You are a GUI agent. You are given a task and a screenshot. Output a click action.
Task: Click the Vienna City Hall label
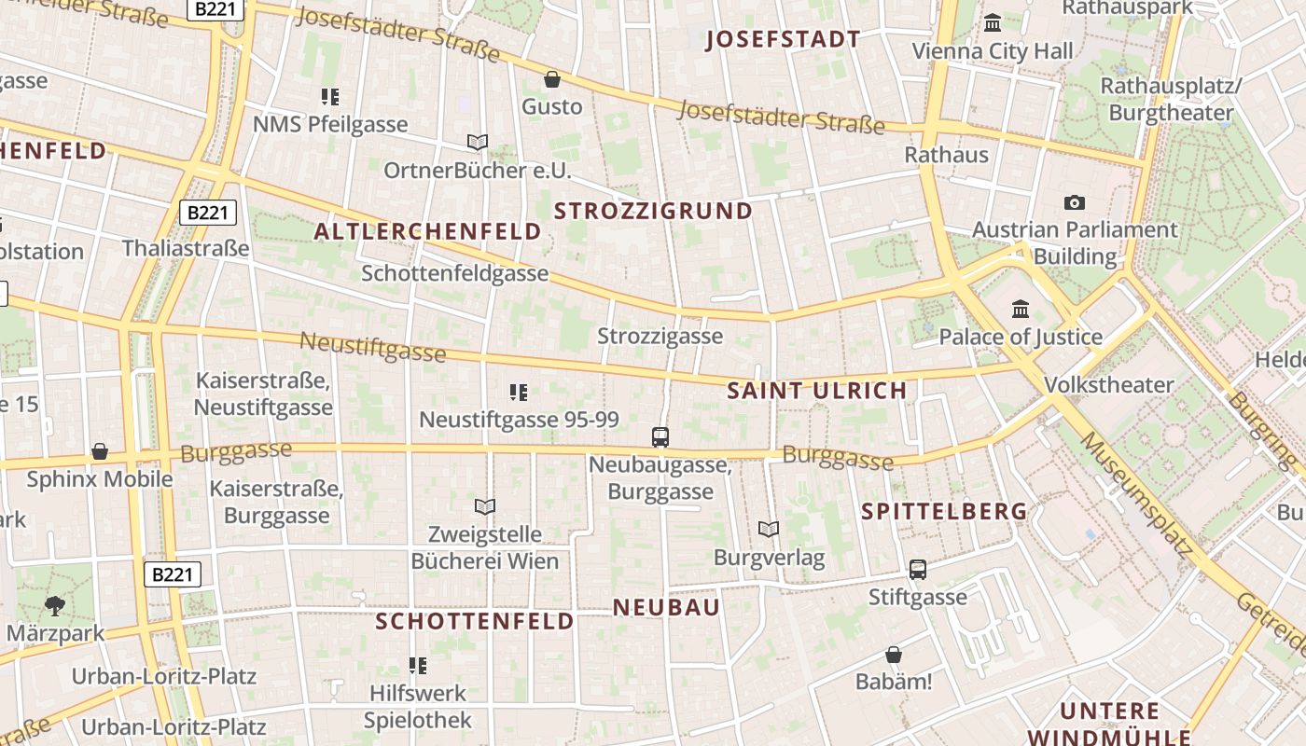coord(993,51)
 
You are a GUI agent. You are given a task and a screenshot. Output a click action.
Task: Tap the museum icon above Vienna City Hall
coord(993,22)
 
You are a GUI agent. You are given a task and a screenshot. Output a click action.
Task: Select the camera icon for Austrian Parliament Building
coord(1074,202)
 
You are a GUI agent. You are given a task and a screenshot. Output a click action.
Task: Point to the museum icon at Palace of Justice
coord(1021,309)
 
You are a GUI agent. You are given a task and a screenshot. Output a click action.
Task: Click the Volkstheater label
coord(1109,384)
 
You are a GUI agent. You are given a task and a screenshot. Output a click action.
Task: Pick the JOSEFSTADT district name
coord(783,39)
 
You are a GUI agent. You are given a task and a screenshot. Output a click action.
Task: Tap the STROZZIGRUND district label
coord(653,211)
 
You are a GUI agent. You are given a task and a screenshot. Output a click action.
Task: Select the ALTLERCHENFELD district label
coord(428,231)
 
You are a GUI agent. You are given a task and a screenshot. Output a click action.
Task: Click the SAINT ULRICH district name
coord(817,391)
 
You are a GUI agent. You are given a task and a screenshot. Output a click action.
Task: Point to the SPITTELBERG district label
coord(944,511)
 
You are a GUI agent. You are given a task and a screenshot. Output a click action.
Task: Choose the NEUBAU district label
coord(666,608)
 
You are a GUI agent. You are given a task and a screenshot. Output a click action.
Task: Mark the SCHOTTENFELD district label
coord(475,621)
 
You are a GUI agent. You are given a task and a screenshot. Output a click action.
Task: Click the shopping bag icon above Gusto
coord(552,79)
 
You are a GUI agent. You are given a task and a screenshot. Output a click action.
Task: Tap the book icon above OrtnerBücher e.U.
coord(478,143)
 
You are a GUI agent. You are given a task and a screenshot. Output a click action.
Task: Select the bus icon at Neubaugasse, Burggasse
coord(660,436)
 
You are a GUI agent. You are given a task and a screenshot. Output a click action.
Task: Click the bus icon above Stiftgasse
coord(918,569)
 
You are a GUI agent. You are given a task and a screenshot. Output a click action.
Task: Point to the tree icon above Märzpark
coord(55,605)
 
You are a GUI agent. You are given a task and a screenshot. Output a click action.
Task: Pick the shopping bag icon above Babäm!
coord(894,655)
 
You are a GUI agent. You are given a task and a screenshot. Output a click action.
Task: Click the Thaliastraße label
coord(186,248)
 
